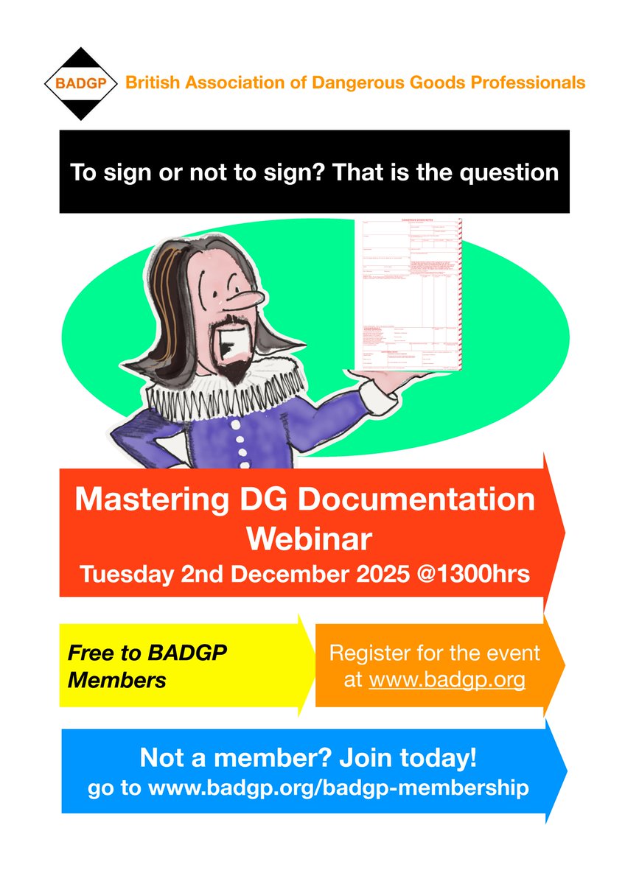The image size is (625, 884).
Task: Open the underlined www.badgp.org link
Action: tap(447, 679)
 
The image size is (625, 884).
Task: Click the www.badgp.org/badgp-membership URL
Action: tap(338, 787)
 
